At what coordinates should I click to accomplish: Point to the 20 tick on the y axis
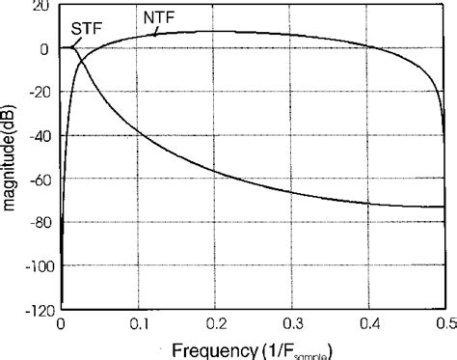(42, 7)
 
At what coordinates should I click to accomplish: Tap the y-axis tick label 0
(46, 47)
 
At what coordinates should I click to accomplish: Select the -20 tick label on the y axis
(40, 91)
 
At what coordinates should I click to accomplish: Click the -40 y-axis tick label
(40, 133)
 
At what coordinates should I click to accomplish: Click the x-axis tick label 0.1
(140, 321)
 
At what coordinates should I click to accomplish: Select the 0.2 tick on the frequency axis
(220, 321)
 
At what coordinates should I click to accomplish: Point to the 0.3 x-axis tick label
(302, 321)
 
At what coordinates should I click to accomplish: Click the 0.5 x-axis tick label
(445, 321)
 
